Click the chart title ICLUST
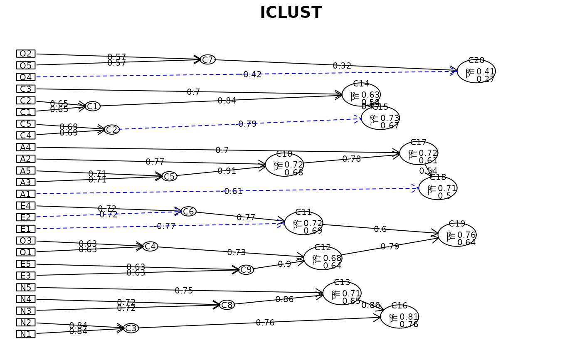coord(291,13)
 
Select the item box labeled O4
coord(26,77)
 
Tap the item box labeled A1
coord(26,194)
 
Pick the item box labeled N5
coord(26,287)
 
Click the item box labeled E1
coord(26,229)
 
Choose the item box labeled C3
coord(26,89)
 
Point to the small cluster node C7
coord(208,59)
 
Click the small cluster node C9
coord(246,270)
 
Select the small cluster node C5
coord(169,176)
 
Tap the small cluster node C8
coord(227,305)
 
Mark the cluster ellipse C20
coord(476,71)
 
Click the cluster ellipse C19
coord(457,235)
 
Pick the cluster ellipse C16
coord(400,317)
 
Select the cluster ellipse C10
coord(284,165)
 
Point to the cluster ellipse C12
coord(323,258)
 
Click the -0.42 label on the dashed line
coord(252,74)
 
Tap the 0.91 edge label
coord(227,171)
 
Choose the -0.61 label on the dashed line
coord(233,191)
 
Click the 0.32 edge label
coord(342,66)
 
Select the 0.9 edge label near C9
coord(284,264)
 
